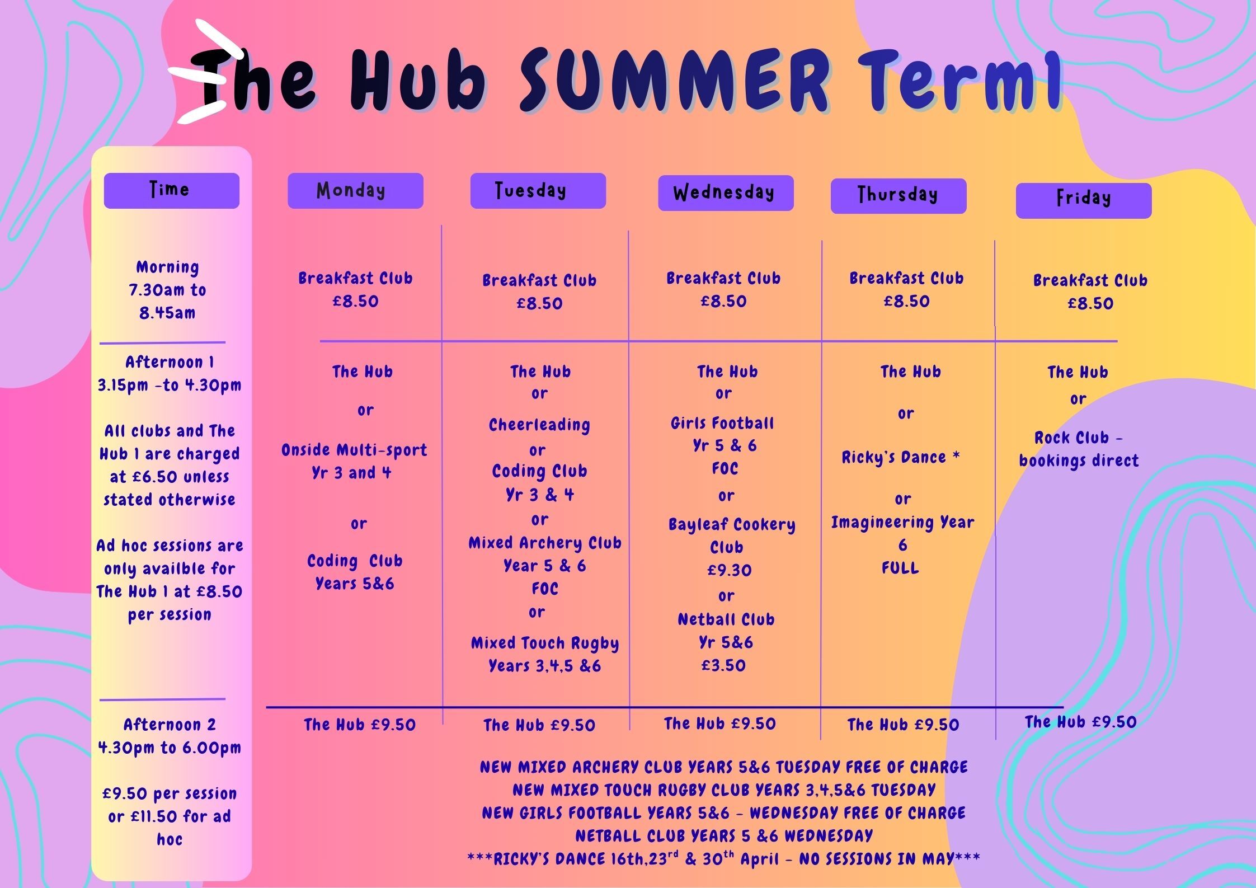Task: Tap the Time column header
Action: pyautogui.click(x=171, y=191)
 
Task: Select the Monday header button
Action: pyautogui.click(x=355, y=191)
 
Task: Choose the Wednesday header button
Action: pyautogui.click(x=726, y=193)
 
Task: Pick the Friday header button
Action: pyautogui.click(x=1084, y=200)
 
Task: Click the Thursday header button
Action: pyautogui.click(x=899, y=196)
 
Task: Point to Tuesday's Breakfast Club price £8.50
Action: pyautogui.click(x=539, y=303)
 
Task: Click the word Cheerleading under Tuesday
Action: pyautogui.click(x=539, y=425)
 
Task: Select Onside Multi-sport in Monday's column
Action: pyautogui.click(x=354, y=450)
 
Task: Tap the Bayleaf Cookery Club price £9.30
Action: pyautogui.click(x=729, y=570)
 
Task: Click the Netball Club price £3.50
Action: pyautogui.click(x=723, y=665)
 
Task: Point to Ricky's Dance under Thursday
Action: pyautogui.click(x=893, y=458)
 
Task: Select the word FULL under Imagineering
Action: pyautogui.click(x=900, y=568)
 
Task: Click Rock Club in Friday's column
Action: pyautogui.click(x=1071, y=438)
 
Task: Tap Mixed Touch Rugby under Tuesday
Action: pyautogui.click(x=545, y=643)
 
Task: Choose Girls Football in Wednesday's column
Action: pyautogui.click(x=722, y=423)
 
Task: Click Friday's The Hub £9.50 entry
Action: pyautogui.click(x=1080, y=722)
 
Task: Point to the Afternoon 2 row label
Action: pyautogui.click(x=170, y=725)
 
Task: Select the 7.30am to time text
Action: pyautogui.click(x=167, y=290)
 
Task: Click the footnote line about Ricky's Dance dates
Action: pyautogui.click(x=723, y=859)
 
